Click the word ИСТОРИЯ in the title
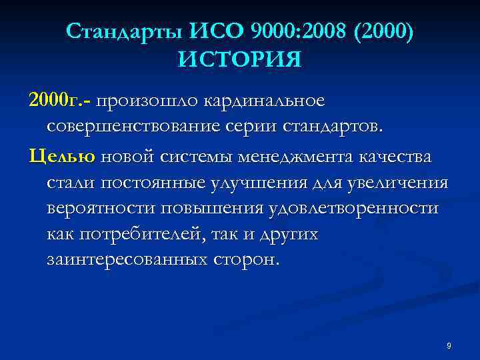(239, 61)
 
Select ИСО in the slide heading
(218, 31)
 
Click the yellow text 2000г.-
(61, 101)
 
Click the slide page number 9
(449, 345)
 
